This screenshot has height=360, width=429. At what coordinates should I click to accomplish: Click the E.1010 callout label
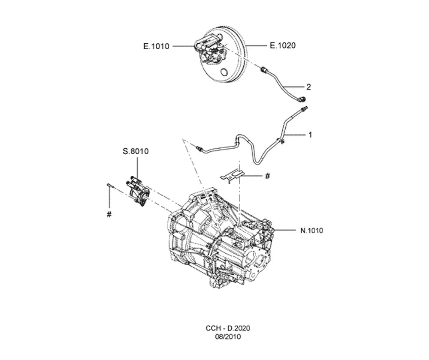coord(156,46)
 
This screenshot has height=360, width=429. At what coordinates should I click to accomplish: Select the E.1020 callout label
coord(283,45)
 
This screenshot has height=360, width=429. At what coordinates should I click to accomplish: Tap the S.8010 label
coord(136,151)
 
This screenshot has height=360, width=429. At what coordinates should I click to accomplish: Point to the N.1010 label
coord(311,231)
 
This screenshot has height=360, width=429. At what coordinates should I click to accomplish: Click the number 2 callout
coord(308,87)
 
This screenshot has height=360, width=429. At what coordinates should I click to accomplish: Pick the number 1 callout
coord(310,135)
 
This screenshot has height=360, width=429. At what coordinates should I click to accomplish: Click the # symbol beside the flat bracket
coord(268,176)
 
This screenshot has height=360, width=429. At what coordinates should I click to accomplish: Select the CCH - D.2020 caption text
coord(228,328)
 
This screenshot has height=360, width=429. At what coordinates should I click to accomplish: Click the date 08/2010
coord(228,336)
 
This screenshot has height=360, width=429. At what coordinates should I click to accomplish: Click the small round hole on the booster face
coord(224,72)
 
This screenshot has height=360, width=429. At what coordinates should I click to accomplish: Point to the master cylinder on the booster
coord(209,49)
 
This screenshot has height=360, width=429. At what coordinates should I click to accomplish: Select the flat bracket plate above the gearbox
coord(232,175)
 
